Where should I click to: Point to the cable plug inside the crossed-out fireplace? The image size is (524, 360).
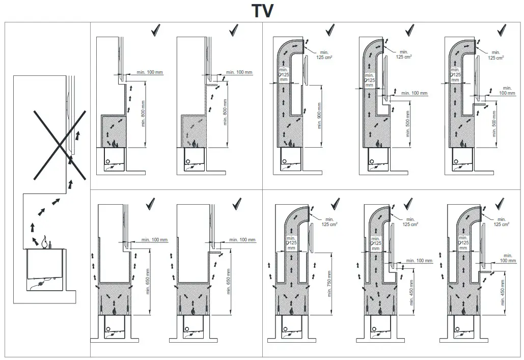(x=41, y=280)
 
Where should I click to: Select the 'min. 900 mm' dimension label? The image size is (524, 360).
(x=319, y=116)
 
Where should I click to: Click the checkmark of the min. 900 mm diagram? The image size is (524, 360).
(x=329, y=30)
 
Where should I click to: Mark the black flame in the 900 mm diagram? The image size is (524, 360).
(x=290, y=143)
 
